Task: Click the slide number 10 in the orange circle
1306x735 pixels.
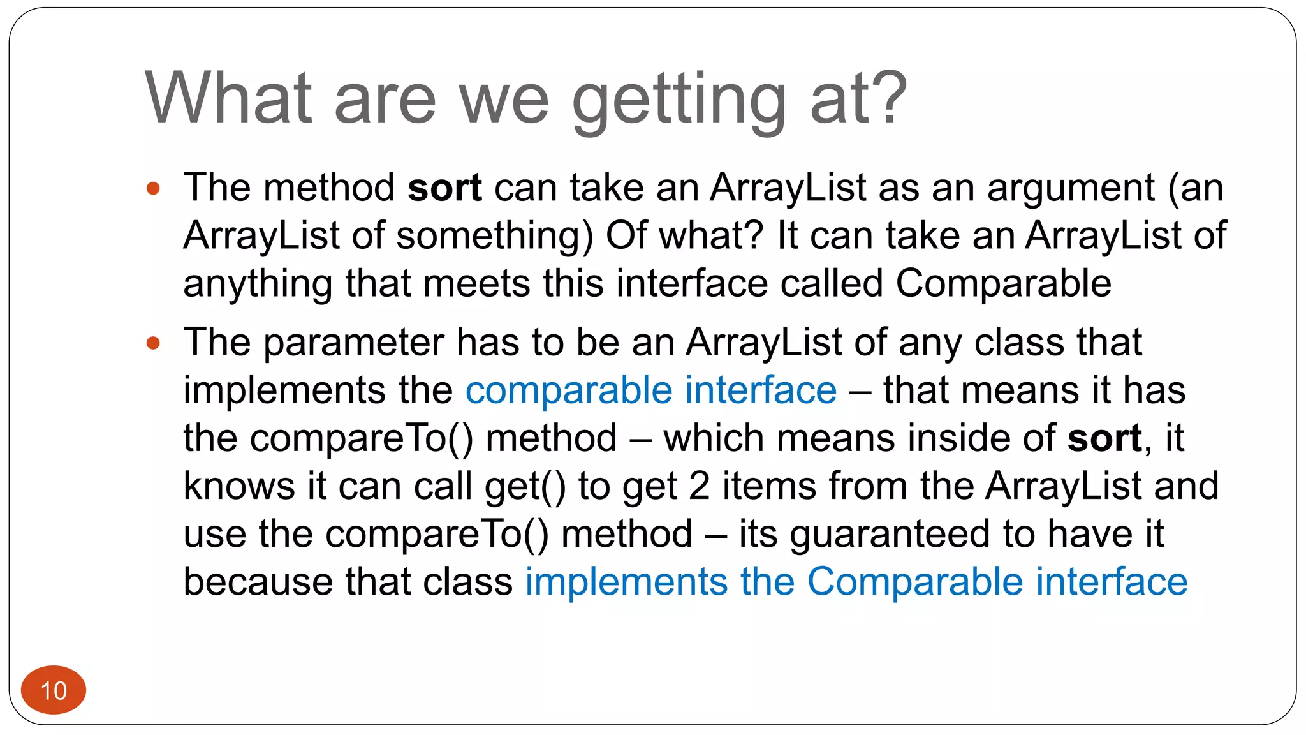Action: (x=54, y=690)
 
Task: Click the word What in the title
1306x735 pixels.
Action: (x=228, y=98)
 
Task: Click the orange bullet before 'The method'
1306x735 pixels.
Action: (x=153, y=188)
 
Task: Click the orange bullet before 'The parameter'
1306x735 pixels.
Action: (x=153, y=343)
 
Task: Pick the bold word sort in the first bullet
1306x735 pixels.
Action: (x=444, y=188)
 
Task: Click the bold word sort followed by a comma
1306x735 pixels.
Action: (x=1104, y=439)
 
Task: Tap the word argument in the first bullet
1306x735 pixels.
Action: (x=1071, y=189)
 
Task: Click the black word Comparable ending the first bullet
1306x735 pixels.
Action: (x=1003, y=284)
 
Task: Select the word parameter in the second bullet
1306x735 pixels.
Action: (x=353, y=343)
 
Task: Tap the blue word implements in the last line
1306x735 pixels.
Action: (x=626, y=582)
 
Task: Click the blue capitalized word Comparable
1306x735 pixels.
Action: (x=915, y=582)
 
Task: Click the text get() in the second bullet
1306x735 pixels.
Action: (x=525, y=487)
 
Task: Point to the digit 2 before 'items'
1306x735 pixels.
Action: (x=699, y=486)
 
